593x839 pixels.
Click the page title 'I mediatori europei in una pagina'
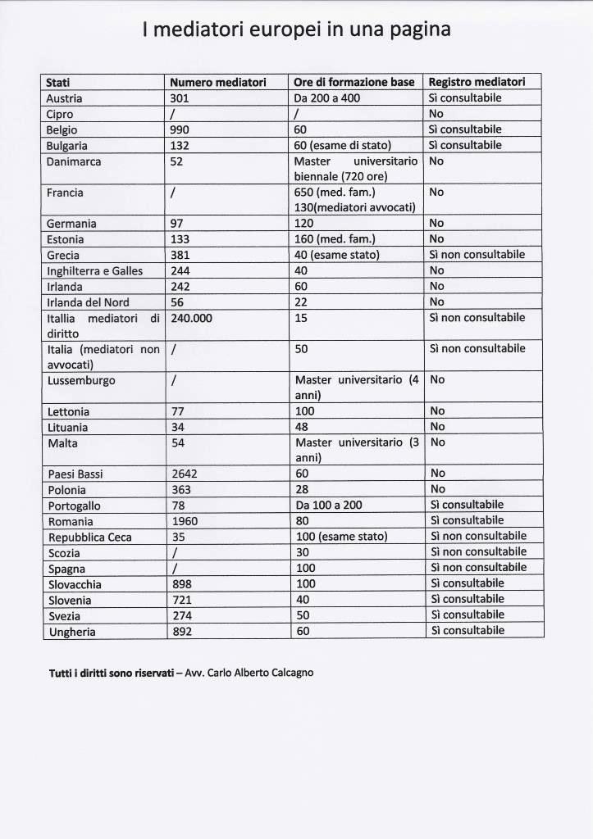[296, 30]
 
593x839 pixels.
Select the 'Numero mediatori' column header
[218, 82]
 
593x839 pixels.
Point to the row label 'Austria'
[65, 98]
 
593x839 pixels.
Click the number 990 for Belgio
[180, 129]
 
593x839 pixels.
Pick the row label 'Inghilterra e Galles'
[94, 271]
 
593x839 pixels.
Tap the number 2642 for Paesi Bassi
[184, 474]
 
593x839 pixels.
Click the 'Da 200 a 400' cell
[326, 98]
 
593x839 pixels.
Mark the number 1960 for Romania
[185, 521]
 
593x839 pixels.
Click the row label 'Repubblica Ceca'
[89, 537]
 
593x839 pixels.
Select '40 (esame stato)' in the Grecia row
[336, 255]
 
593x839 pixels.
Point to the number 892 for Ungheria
[180, 632]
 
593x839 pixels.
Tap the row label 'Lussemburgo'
[80, 381]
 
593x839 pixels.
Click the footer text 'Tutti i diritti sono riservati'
[111, 673]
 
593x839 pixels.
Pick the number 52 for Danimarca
[176, 161]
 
